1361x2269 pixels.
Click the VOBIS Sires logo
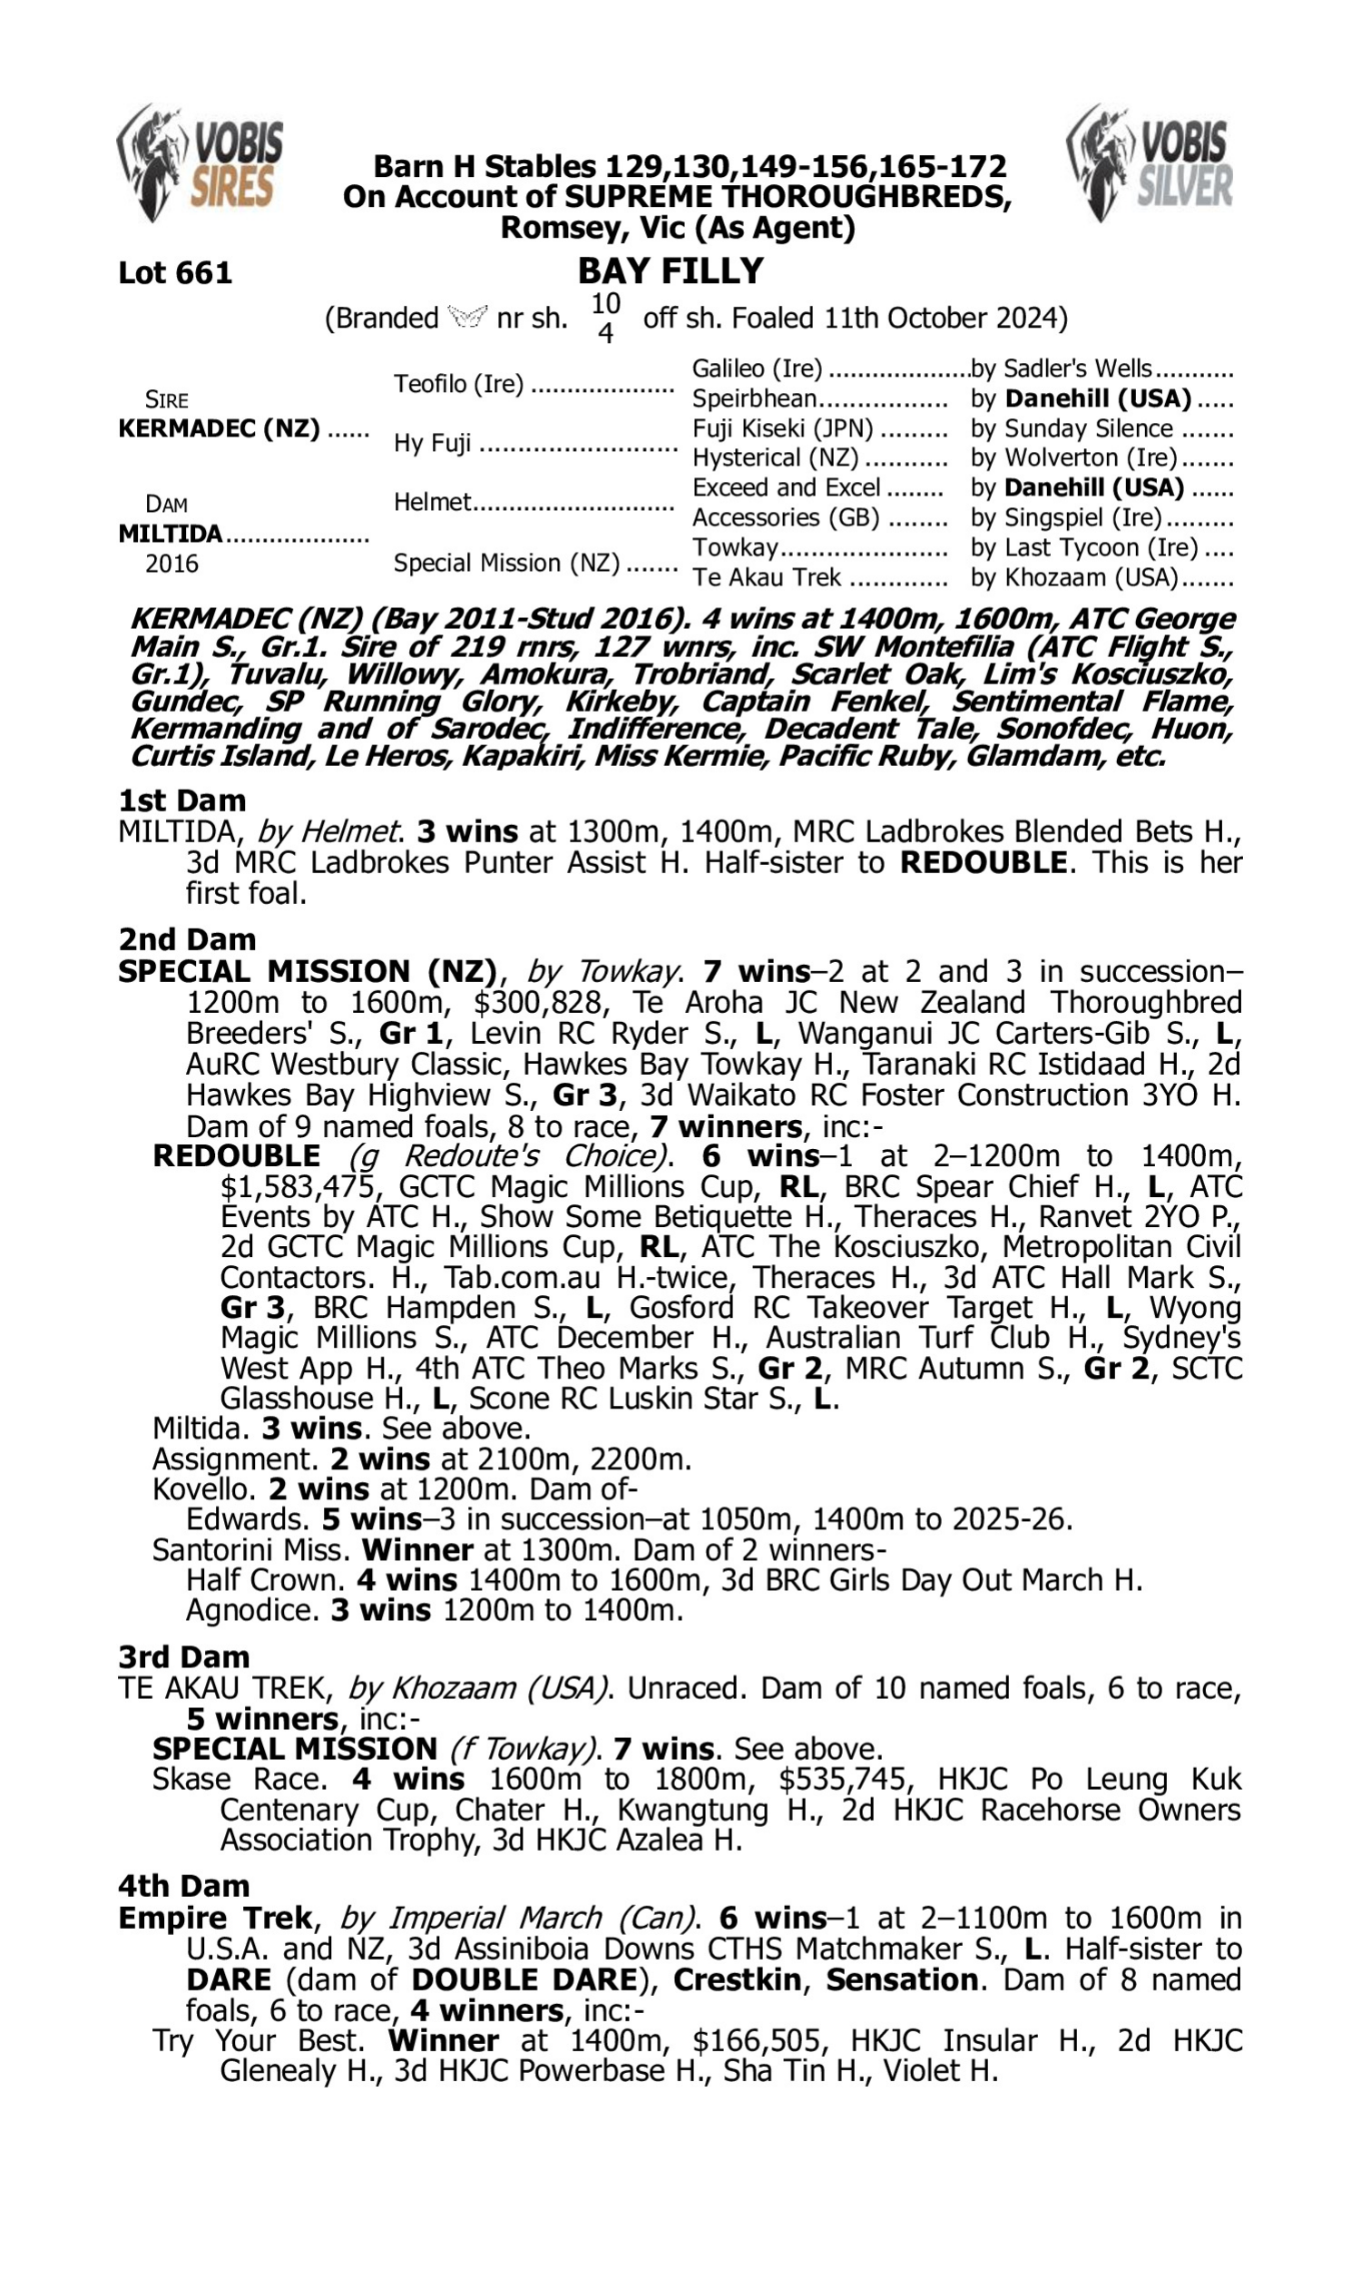tap(200, 162)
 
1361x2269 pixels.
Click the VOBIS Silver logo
tap(1150, 162)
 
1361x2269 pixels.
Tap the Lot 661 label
tap(175, 272)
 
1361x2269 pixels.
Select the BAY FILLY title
tap(671, 270)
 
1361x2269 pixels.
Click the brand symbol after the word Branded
tap(467, 318)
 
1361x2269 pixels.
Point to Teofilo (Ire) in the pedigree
tap(458, 383)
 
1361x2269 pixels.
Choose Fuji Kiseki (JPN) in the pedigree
tap(782, 428)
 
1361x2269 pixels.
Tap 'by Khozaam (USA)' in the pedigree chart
tap(1074, 577)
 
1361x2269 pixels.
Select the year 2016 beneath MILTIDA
tap(171, 563)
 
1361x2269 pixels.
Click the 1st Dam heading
tap(181, 800)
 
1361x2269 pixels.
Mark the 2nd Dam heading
tap(186, 938)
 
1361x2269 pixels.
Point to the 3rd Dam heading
tap(183, 1656)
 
